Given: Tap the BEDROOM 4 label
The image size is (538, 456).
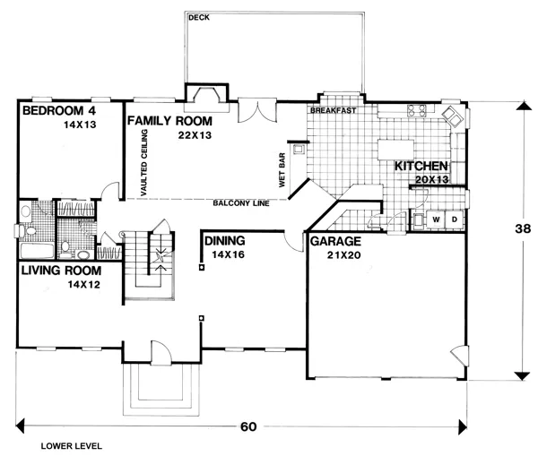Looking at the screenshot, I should pyautogui.click(x=58, y=111).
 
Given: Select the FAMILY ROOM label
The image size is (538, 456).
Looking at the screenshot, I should pyautogui.click(x=169, y=119).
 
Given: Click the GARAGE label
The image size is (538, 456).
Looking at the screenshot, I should pyautogui.click(x=334, y=242).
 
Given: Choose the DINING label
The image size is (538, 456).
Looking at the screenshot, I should pyautogui.click(x=227, y=241).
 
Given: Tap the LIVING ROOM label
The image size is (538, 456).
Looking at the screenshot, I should pyautogui.click(x=60, y=269).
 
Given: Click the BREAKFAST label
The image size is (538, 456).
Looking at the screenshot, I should pyautogui.click(x=334, y=111).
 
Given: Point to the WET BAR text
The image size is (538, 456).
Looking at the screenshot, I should pyautogui.click(x=282, y=168).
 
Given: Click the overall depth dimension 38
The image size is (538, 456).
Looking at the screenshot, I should pyautogui.click(x=523, y=228).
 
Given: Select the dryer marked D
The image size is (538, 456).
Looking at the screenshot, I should pyautogui.click(x=454, y=219).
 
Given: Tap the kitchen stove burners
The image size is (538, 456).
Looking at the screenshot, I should pyautogui.click(x=417, y=111).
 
